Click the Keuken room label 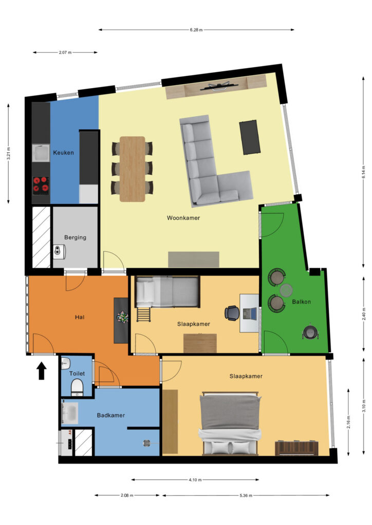click(x=63, y=153)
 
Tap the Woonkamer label click(x=183, y=218)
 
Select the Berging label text click(x=75, y=237)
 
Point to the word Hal click(x=80, y=317)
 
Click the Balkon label click(x=301, y=301)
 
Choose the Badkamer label click(x=110, y=415)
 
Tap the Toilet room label click(x=77, y=373)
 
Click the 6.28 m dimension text click(x=196, y=30)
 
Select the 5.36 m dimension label click(x=246, y=495)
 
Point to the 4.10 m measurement click(x=195, y=480)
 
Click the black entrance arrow click(x=41, y=371)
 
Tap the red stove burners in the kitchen click(x=41, y=185)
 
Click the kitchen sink click(x=41, y=153)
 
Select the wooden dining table click(x=133, y=169)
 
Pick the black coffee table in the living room click(x=250, y=137)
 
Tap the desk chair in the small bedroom click(x=231, y=313)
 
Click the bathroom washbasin click(x=70, y=413)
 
